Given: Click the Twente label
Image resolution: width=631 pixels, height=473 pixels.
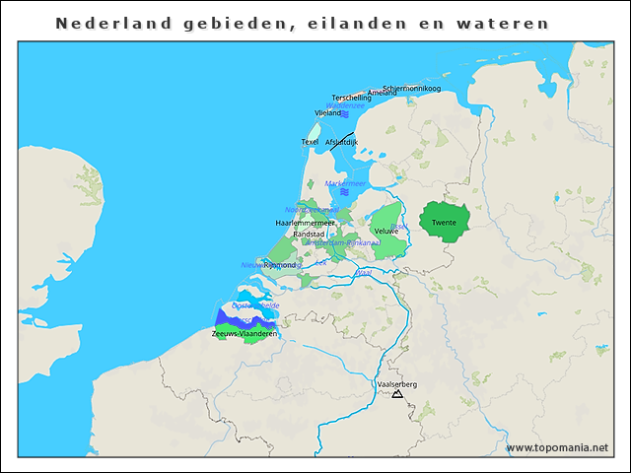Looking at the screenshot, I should [444, 223].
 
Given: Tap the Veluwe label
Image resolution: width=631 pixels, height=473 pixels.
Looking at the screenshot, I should [386, 231].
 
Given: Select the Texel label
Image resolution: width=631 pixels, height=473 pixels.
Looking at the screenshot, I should [310, 142].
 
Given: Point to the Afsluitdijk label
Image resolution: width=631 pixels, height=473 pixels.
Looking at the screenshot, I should [341, 142].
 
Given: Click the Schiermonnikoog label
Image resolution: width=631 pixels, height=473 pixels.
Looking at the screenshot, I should [411, 89].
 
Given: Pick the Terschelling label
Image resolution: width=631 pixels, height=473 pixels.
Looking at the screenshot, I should [352, 98].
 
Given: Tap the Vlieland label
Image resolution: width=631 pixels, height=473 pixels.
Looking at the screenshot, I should [327, 113].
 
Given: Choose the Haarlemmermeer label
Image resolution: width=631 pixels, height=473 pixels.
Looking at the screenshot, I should [305, 223].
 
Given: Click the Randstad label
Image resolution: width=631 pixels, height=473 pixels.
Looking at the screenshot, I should [309, 234].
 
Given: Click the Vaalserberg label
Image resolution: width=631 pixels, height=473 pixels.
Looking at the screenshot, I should [397, 384].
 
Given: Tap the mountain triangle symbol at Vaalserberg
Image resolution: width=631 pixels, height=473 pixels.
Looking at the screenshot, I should [397, 394].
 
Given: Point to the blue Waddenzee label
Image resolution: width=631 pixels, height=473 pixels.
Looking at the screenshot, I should [345, 105].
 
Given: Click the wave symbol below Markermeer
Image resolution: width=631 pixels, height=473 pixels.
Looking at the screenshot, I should [344, 192].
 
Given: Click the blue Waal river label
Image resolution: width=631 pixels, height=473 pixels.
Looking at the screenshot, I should [364, 272].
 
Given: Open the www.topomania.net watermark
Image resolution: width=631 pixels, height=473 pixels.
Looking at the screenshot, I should [557, 447].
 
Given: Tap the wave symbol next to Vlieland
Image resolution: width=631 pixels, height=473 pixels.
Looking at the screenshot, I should [345, 114].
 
